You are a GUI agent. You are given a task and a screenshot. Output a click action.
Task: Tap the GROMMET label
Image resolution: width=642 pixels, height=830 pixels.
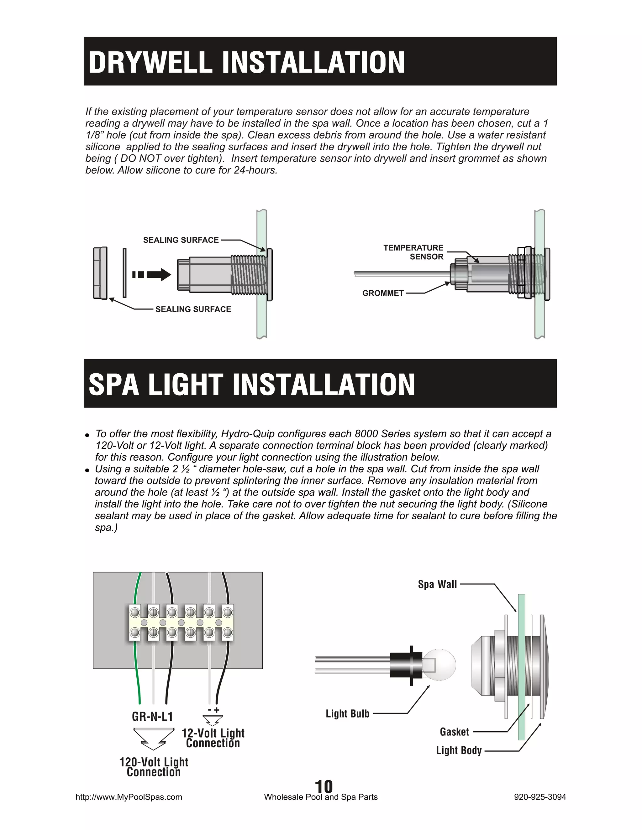(383, 293)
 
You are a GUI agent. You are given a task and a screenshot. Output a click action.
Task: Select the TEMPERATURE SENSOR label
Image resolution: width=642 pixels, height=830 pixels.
(414, 252)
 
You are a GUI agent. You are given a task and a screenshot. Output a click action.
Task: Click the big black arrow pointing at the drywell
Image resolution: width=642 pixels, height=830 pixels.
(152, 274)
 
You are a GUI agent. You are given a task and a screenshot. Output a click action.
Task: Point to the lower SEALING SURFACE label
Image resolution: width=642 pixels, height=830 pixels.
(193, 309)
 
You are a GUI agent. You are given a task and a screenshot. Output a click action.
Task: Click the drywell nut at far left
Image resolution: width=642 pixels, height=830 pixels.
(100, 273)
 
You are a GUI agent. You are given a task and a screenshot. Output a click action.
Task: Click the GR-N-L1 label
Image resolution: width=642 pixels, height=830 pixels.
(152, 716)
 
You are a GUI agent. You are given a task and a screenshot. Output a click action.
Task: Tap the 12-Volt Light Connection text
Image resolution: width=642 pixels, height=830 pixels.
(213, 738)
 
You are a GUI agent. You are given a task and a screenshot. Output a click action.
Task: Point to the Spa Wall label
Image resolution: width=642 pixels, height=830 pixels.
(437, 584)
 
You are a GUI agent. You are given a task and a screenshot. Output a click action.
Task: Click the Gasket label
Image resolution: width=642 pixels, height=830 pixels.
(454, 732)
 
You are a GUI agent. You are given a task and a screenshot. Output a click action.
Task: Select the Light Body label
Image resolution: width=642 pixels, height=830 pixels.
(459, 750)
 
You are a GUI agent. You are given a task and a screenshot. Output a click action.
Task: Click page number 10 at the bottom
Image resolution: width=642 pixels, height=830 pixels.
(324, 786)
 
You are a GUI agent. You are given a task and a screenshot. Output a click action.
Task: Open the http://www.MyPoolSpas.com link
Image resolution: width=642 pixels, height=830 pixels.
(129, 797)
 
